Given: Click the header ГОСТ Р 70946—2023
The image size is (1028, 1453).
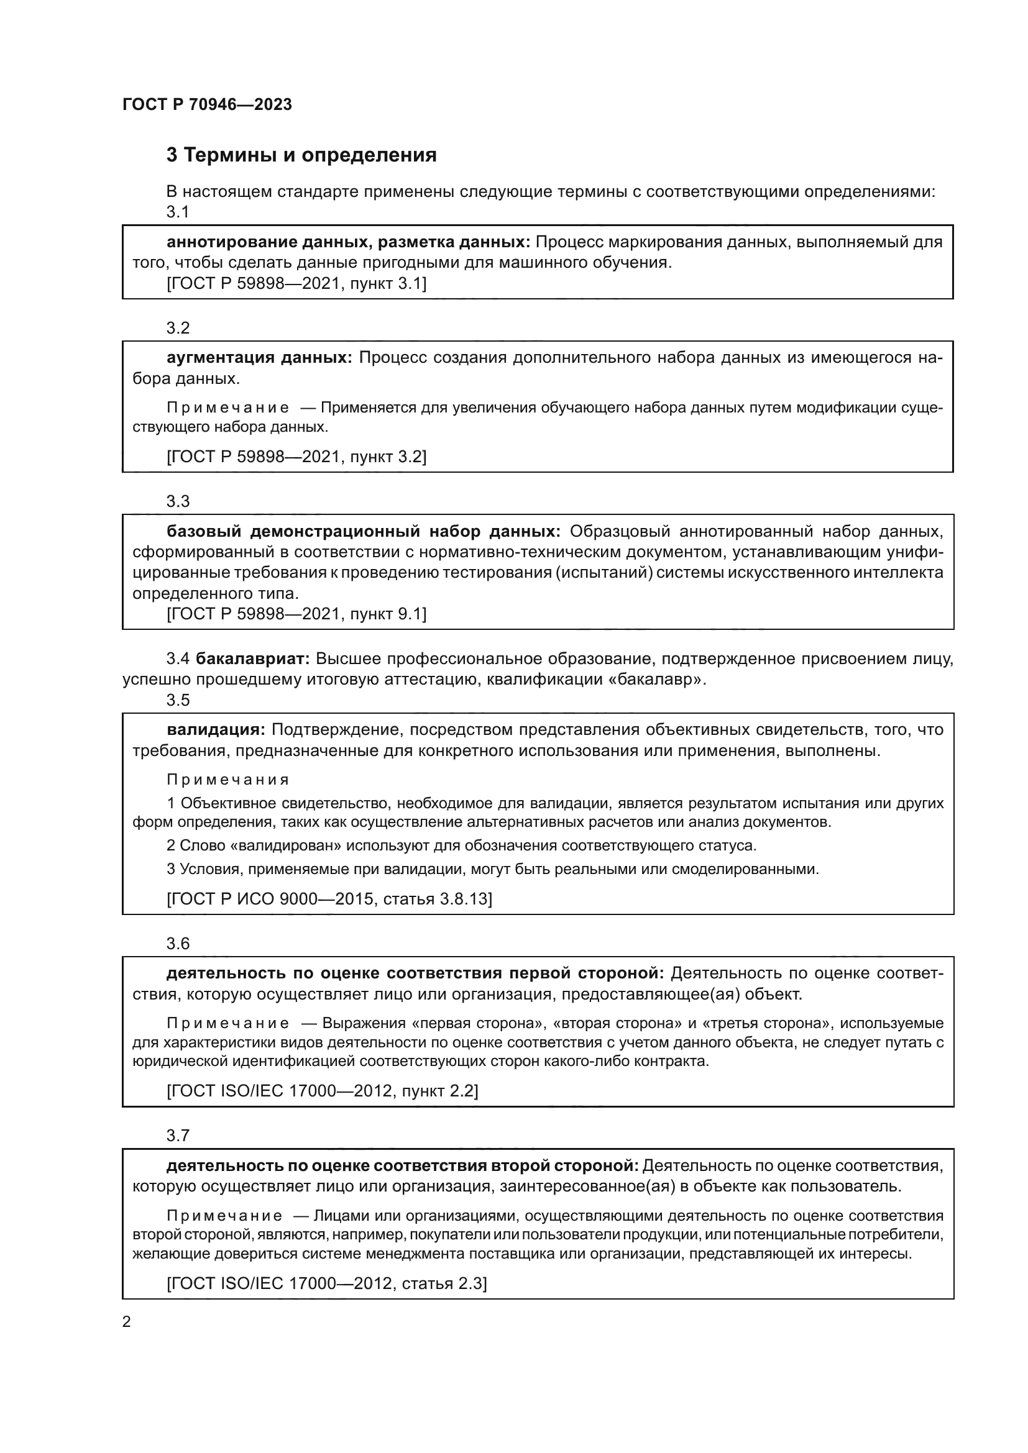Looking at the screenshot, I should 207,105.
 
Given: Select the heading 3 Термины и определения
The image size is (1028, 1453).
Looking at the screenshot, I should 301,155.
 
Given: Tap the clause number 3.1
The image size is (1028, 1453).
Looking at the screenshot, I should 178,212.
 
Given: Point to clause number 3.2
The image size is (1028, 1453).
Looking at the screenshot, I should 178,328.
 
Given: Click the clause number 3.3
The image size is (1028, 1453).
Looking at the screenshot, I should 178,501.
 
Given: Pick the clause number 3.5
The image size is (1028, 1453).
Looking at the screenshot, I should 178,700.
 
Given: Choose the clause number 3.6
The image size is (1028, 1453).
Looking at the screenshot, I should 178,944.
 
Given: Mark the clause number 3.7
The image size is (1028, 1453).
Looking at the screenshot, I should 178,1136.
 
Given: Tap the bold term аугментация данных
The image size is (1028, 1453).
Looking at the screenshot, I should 260,358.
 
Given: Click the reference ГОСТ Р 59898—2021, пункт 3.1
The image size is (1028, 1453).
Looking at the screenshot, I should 296,283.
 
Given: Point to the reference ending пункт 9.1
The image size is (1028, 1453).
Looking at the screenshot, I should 296,614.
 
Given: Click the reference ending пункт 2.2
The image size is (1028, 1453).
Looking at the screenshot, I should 322,1090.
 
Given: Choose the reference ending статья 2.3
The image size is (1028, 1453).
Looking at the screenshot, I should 327,1283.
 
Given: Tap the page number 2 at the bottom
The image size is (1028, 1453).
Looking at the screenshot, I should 127,1322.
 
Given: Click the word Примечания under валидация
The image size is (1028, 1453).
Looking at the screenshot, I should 228,780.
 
